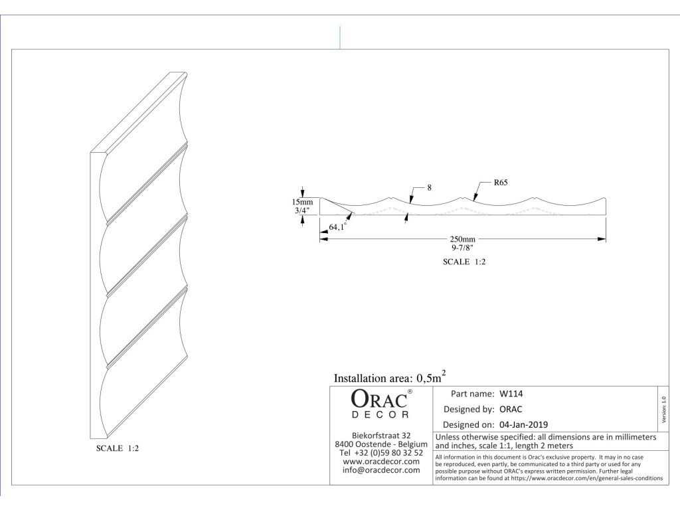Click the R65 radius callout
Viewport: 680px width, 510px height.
[501, 182]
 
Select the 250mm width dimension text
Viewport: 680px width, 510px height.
[462, 239]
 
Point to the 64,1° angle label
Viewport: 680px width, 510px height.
[338, 228]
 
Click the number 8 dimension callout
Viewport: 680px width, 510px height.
[429, 188]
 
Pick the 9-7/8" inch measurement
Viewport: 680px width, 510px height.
[462, 248]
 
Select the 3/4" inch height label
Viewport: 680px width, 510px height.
[301, 211]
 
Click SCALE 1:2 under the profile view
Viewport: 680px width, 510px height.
[465, 262]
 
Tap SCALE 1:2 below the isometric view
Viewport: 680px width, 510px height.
[118, 448]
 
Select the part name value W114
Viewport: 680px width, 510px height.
[511, 393]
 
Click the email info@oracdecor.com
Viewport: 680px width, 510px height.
[381, 470]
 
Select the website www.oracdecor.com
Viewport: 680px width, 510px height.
[381, 462]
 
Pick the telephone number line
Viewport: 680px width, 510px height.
[381, 453]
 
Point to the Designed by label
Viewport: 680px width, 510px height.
[468, 409]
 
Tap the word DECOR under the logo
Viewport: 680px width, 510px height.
[380, 415]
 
